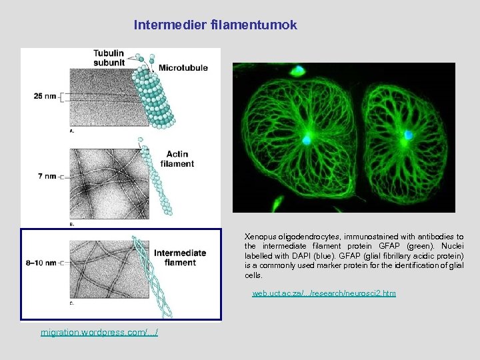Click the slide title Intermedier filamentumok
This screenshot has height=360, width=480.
pyautogui.click(x=215, y=25)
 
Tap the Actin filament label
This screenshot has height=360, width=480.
pyautogui.click(x=177, y=158)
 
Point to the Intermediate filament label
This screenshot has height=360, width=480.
pyautogui.click(x=180, y=257)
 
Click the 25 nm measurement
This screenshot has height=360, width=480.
pyautogui.click(x=46, y=96)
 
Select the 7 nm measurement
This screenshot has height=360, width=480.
pyautogui.click(x=47, y=176)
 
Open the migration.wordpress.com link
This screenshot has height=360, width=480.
pyautogui.click(x=99, y=332)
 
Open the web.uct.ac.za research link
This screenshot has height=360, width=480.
pyautogui.click(x=323, y=293)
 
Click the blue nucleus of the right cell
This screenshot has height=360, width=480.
pyautogui.click(x=407, y=136)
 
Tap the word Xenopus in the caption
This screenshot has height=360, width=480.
pyautogui.click(x=259, y=237)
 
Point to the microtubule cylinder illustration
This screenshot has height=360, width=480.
pyautogui.click(x=153, y=97)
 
